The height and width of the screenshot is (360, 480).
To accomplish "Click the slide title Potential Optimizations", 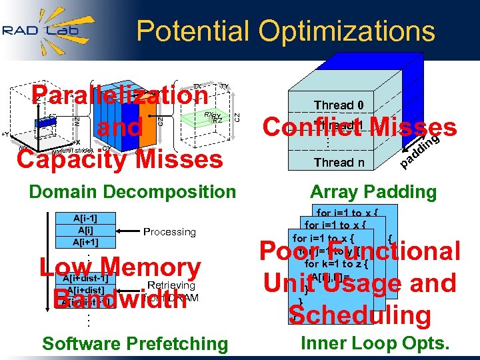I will (285, 31).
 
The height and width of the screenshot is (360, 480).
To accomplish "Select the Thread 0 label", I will (339, 105).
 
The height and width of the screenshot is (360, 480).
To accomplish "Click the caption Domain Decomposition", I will (132, 192).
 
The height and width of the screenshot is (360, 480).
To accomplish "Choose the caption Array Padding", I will (373, 192).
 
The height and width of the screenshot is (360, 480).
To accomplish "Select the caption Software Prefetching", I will (135, 344).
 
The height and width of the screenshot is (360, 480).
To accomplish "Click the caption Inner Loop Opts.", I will (375, 343).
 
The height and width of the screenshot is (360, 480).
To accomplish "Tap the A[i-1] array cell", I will (85, 217).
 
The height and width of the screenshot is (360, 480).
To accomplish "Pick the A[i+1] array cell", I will (85, 241).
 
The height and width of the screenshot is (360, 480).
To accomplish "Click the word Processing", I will (169, 232).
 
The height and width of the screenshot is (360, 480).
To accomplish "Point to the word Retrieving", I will (171, 285).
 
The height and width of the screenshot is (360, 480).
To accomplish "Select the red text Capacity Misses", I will (120, 159).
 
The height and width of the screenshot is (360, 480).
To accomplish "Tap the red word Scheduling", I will (360, 315).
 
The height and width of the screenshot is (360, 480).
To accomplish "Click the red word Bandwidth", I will (120, 298).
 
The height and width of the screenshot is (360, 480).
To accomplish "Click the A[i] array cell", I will (85, 229).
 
